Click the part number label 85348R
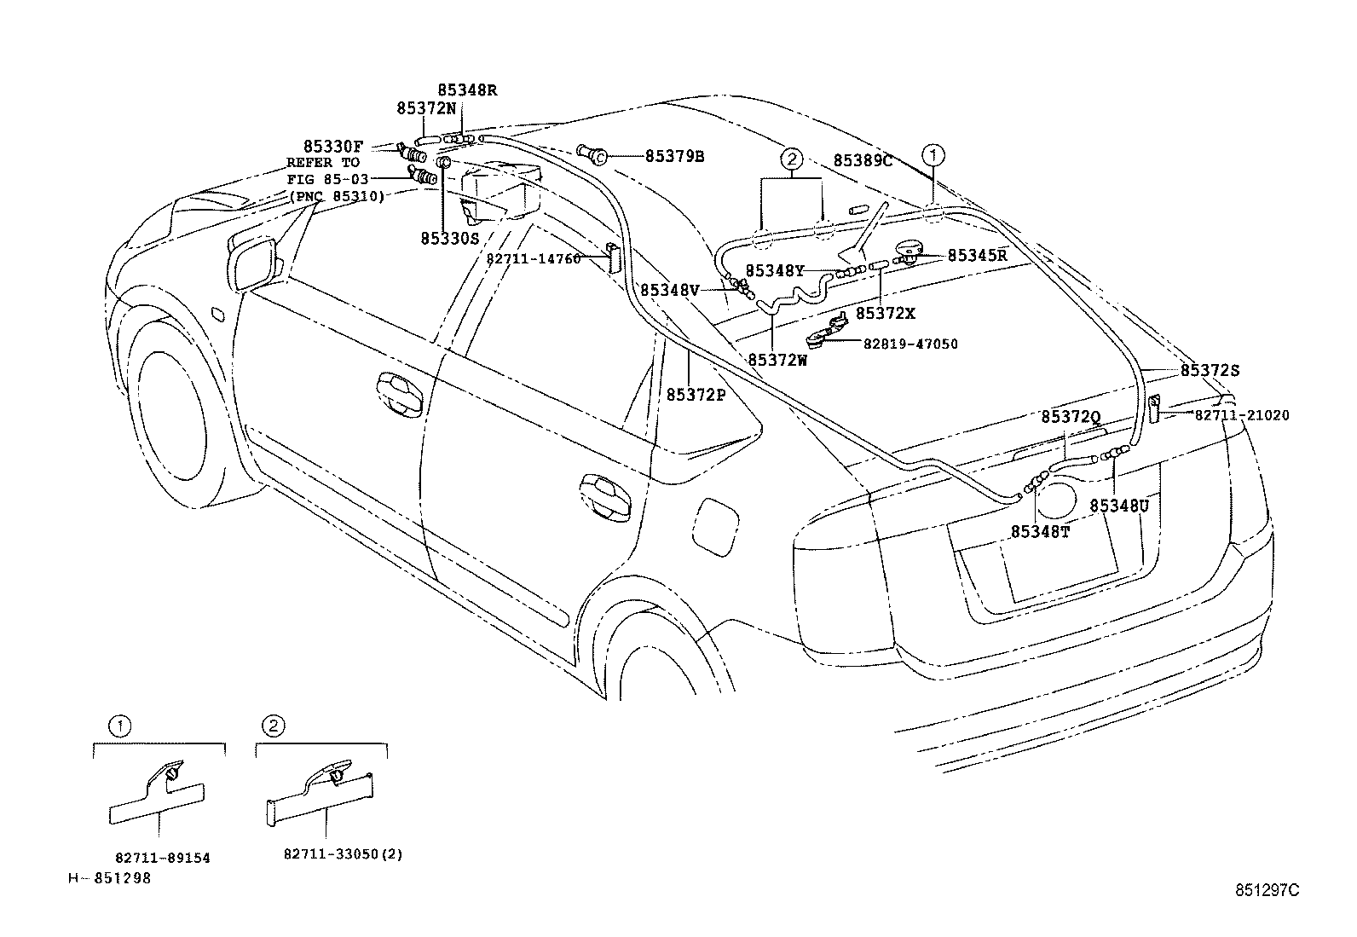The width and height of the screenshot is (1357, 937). pyautogui.click(x=466, y=90)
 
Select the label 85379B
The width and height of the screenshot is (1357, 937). pyautogui.click(x=674, y=156)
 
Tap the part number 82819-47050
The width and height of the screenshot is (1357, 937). pyautogui.click(x=910, y=344)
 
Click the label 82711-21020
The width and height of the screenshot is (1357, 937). pyautogui.click(x=1241, y=415)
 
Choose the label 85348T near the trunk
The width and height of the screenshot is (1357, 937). pyautogui.click(x=1040, y=532)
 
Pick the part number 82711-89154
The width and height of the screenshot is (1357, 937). pyautogui.click(x=162, y=859)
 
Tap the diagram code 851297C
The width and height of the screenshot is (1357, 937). pyautogui.click(x=1267, y=890)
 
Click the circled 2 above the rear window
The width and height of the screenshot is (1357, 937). pyautogui.click(x=791, y=159)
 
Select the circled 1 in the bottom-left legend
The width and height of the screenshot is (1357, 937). pyautogui.click(x=119, y=726)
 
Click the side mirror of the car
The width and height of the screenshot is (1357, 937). pyautogui.click(x=254, y=261)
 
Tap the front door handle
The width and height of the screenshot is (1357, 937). pyautogui.click(x=401, y=393)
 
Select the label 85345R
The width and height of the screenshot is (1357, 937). pyautogui.click(x=977, y=255)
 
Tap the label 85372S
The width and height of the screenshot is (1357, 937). pyautogui.click(x=1210, y=371)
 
